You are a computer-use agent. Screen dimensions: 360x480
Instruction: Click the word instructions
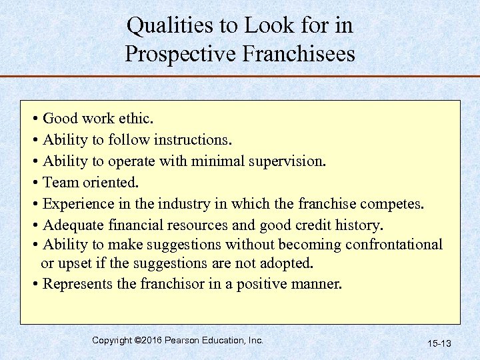pyautogui.click(x=193, y=140)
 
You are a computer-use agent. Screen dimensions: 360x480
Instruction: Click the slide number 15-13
pyautogui.click(x=439, y=343)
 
